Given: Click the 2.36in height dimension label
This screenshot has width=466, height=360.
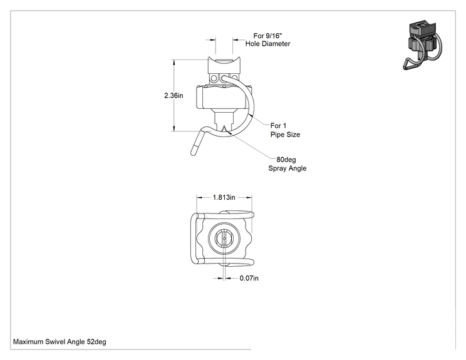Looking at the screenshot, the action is point(173,95).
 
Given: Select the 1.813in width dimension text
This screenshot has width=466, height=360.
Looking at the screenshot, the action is point(224,197).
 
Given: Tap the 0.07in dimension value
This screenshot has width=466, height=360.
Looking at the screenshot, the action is point(249,278).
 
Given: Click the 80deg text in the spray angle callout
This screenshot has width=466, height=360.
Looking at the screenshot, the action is point(286,160).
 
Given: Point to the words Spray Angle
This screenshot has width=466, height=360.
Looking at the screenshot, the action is point(287,168).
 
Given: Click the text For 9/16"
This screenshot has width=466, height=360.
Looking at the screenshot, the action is point(267,36).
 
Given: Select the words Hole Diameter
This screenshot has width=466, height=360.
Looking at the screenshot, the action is point(268,44).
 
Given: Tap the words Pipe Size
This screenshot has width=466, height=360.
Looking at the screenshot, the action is point(286,135).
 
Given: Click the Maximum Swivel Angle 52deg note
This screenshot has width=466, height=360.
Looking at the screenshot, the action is point(60,342).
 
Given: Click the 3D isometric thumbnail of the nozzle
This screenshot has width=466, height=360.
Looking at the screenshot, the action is point(422,45).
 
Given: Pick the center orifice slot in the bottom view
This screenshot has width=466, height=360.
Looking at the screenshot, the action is point(224,238).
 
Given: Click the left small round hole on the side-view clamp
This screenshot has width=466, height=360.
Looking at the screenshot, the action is point(214,78).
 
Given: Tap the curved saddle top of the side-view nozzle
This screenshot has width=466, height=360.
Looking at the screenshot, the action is point(224,61).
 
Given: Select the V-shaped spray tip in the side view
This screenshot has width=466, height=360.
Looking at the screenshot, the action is point(224,128).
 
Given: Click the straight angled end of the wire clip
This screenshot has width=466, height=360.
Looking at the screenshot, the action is point(197,143).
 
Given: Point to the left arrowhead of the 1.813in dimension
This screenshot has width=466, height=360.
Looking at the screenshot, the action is point(199,197).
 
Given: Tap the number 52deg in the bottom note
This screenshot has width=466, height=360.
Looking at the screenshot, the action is point(96,342).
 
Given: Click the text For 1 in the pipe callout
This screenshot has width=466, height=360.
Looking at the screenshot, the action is point(278,126).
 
